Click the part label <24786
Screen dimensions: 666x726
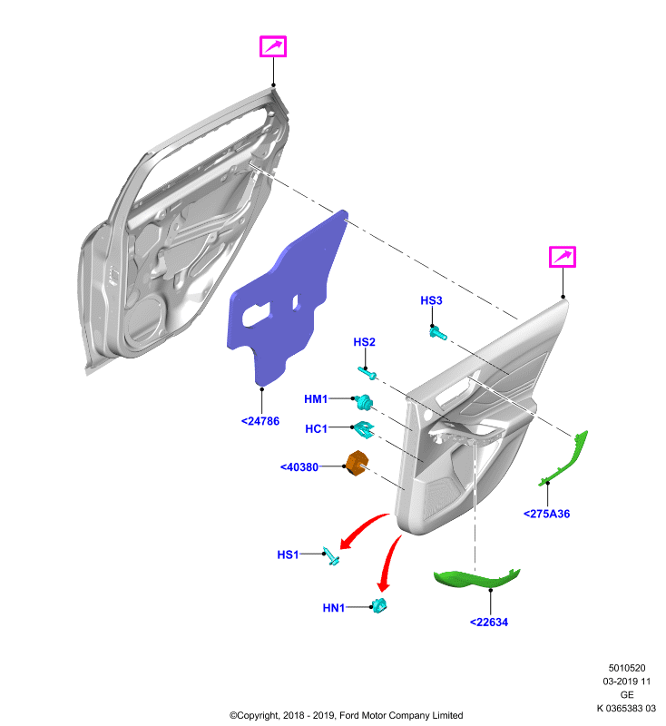tap(260, 421)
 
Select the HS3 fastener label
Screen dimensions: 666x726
tap(431, 300)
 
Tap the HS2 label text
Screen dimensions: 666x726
tap(364, 342)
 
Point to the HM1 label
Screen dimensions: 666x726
tap(316, 398)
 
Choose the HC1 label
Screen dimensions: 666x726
tap(316, 428)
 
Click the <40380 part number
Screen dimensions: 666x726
tap(299, 467)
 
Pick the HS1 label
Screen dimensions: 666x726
tap(288, 554)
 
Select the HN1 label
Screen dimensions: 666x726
tap(334, 607)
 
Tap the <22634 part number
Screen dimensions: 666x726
tap(489, 623)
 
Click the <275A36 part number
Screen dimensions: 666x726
tap(546, 514)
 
